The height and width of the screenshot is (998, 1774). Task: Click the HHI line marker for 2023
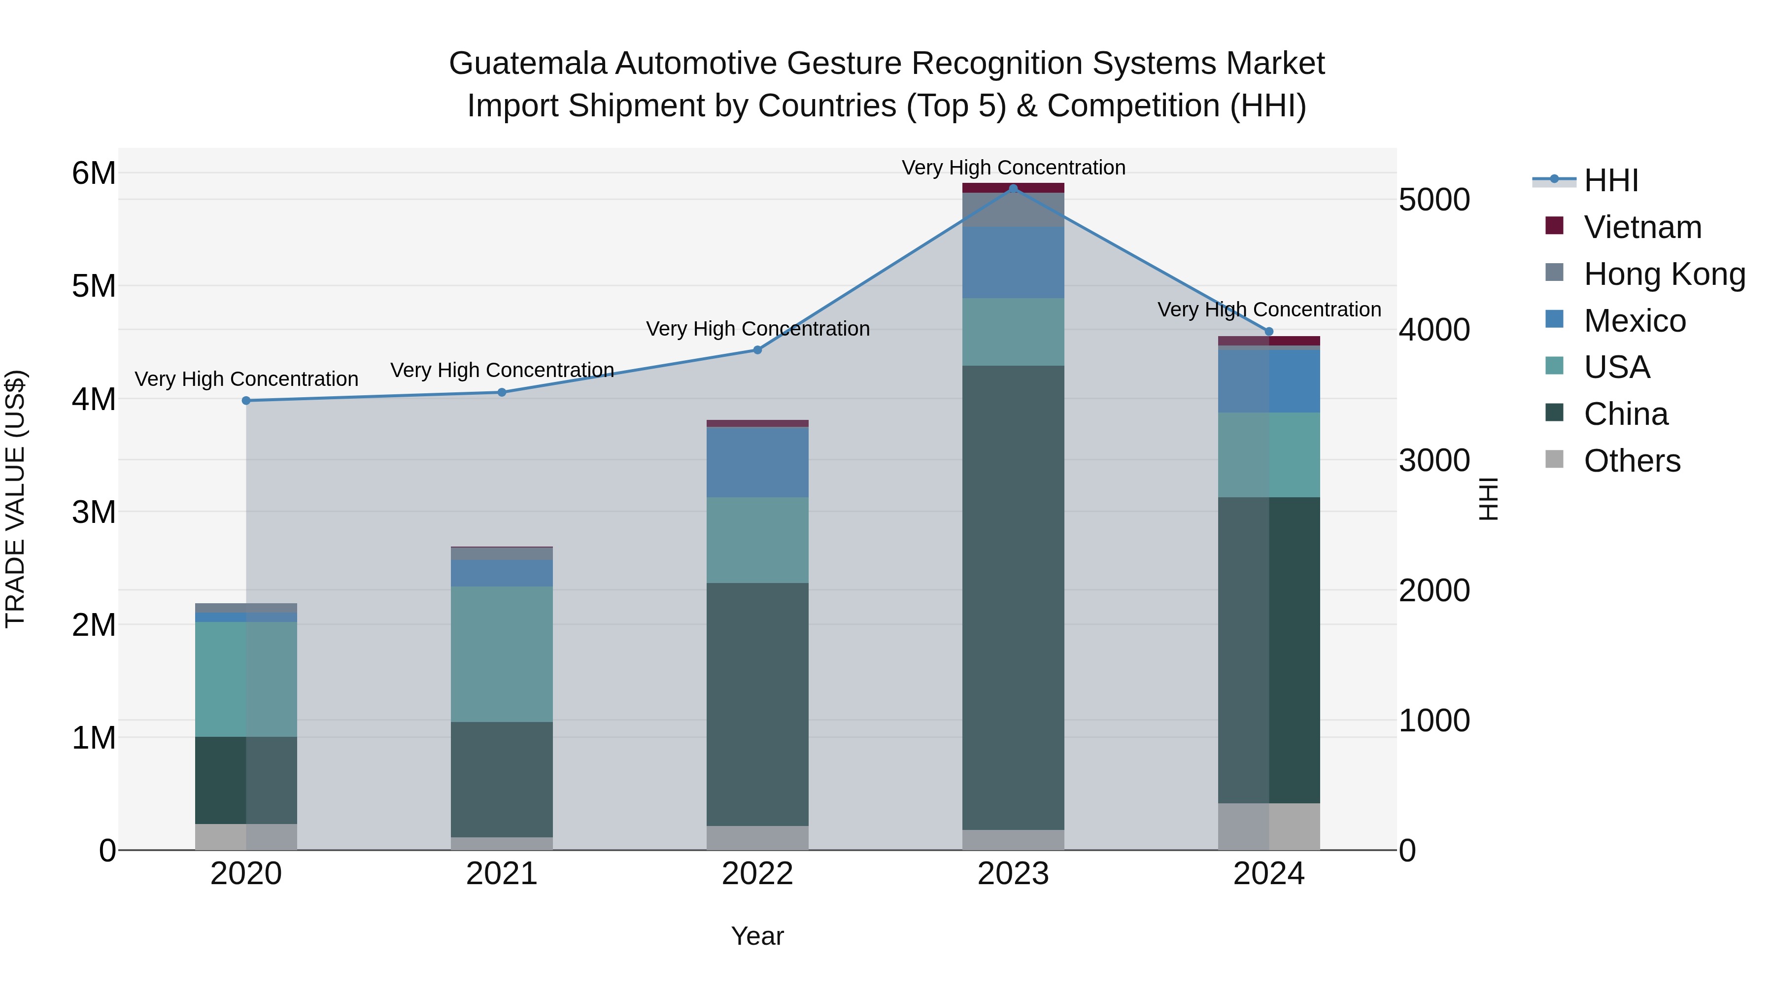point(1013,188)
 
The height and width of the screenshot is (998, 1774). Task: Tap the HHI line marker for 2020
point(246,400)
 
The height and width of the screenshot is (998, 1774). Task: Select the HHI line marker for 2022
point(757,350)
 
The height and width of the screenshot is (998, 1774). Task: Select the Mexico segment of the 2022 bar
point(757,461)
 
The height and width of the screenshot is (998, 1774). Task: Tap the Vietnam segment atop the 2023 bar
point(1013,187)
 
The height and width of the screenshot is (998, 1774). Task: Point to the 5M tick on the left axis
point(94,286)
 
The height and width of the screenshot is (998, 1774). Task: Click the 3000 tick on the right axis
point(1434,460)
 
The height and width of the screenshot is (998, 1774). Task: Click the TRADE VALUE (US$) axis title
point(15,499)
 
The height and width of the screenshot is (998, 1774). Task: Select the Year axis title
point(757,936)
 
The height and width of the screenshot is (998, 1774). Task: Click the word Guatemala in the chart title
point(527,64)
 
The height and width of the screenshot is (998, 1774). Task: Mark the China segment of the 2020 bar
point(246,780)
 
